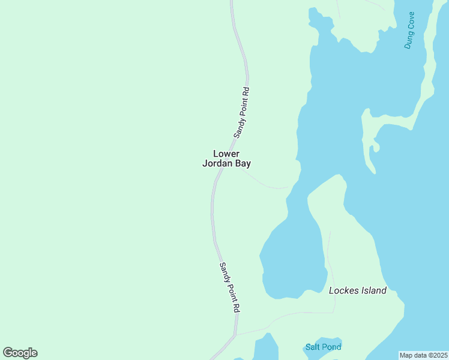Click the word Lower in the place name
(x=226, y=154)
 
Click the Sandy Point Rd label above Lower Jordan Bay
(x=241, y=112)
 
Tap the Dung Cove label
(x=409, y=30)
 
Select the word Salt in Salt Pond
(x=313, y=347)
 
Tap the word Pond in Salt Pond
(x=331, y=347)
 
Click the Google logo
(x=20, y=353)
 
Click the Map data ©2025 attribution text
(x=423, y=355)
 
